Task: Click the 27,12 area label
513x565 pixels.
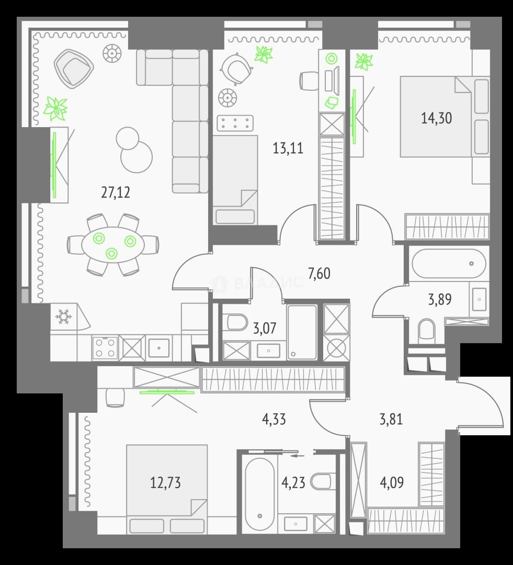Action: point(115,193)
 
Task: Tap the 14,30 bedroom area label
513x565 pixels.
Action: point(436,118)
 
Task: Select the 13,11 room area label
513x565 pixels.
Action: point(288,148)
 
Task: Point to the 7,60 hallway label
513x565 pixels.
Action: point(319,274)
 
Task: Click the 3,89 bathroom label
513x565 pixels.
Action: point(439,299)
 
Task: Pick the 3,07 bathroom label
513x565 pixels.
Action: point(265,328)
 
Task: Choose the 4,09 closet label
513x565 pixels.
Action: point(392,482)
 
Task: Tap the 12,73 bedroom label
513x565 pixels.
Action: point(165,482)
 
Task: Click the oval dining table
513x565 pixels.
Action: point(113,245)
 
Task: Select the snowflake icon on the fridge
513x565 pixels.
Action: point(64,316)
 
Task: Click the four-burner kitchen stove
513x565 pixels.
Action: point(105,348)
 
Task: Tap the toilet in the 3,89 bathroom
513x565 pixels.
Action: point(427,330)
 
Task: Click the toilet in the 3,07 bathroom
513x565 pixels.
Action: point(235,322)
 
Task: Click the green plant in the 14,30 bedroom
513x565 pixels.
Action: point(364,61)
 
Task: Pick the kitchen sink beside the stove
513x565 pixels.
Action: point(159,348)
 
